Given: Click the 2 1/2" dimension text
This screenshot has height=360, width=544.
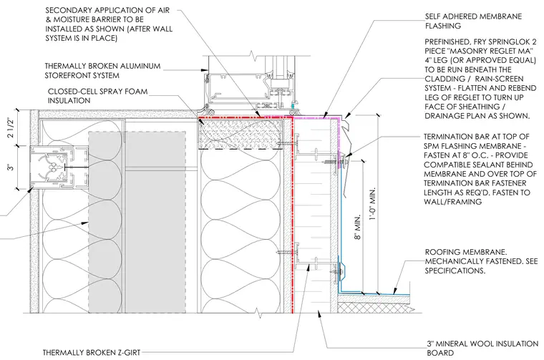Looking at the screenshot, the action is [x=11, y=127].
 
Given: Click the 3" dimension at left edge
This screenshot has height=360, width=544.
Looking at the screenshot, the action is [x=11, y=167].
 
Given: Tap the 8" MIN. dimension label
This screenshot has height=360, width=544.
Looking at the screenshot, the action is [x=358, y=227].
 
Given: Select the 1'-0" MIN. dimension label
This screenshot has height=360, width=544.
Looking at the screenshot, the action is [x=372, y=205].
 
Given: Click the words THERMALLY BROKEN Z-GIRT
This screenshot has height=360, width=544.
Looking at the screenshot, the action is [x=92, y=353].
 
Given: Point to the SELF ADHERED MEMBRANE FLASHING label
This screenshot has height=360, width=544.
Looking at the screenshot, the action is [x=474, y=21].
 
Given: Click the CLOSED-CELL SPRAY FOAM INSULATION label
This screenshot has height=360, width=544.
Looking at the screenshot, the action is [x=97, y=96].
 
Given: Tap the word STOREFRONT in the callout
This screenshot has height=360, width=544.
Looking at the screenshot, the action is [x=68, y=75].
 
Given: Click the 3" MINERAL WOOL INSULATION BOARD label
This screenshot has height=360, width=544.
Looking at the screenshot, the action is [x=482, y=349].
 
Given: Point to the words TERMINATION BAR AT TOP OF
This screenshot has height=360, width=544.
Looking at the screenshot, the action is [x=476, y=137].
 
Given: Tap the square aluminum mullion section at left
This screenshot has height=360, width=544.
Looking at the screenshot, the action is [x=59, y=168].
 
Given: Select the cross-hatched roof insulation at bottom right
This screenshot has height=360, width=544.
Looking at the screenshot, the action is [x=374, y=307].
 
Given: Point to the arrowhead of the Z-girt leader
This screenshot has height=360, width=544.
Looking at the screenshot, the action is [x=309, y=266].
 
